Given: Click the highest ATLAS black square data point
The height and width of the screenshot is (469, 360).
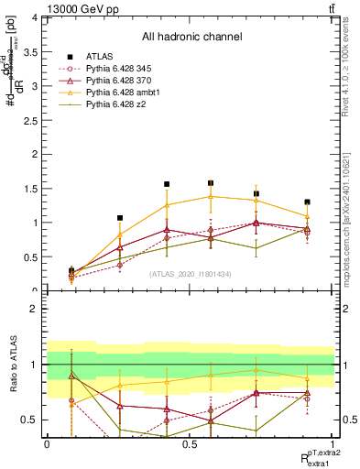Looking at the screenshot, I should point(211,183).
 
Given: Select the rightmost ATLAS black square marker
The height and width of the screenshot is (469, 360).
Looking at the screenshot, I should point(308,202).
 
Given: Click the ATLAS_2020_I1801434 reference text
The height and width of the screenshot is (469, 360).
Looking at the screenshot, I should point(190,274).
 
